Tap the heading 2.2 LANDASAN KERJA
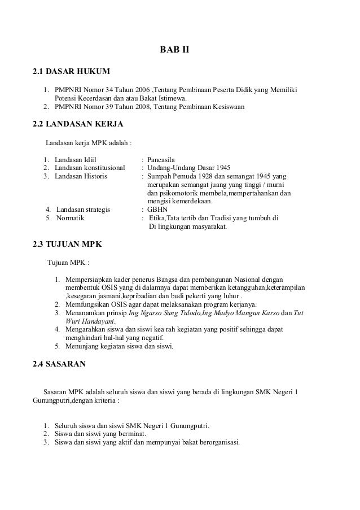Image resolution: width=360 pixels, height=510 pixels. [x=78, y=124]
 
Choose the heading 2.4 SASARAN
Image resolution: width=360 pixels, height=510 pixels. [x=59, y=364]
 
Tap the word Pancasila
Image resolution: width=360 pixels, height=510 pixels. [x=163, y=160]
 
